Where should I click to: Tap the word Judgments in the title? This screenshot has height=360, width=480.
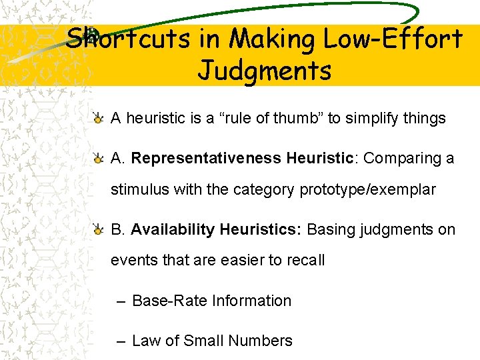pyautogui.click(x=265, y=69)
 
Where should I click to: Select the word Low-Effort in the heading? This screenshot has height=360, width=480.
pyautogui.click(x=393, y=39)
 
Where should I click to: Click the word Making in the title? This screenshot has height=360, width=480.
pyautogui.click(x=273, y=39)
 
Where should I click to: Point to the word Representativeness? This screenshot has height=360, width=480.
pyautogui.click(x=206, y=159)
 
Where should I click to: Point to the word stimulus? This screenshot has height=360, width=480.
pyautogui.click(x=140, y=190)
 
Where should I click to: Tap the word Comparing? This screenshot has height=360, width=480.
pyautogui.click(x=404, y=159)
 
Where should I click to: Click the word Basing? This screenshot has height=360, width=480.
pyautogui.click(x=331, y=230)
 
